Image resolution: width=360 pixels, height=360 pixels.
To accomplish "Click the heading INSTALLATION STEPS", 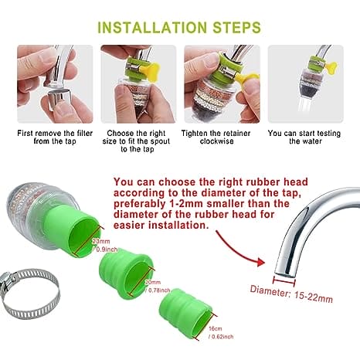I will click(x=179, y=28).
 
